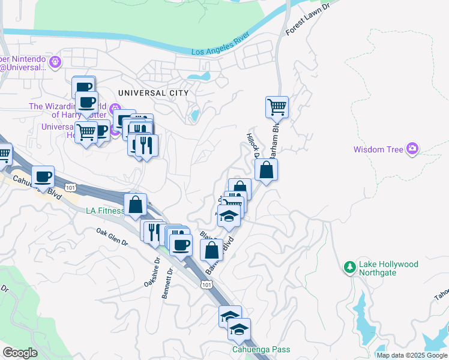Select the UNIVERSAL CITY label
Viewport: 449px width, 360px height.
[153, 93]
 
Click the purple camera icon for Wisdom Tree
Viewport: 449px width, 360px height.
[412, 148]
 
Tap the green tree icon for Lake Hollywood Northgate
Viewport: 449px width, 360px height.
[349, 266]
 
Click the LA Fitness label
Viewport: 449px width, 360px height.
[104, 211]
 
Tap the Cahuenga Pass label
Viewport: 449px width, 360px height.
[261, 350]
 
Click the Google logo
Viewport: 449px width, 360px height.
[19, 353]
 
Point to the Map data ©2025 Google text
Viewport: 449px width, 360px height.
[412, 355]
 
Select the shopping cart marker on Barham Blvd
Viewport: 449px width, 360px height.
[277, 107]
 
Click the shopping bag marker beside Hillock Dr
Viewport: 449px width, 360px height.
[266, 170]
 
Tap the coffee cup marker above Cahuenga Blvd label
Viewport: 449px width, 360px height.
[43, 176]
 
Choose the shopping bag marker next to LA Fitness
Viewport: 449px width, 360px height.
[136, 204]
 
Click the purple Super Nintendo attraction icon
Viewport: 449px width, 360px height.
[56, 61]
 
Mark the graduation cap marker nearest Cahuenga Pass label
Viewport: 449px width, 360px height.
[239, 329]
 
